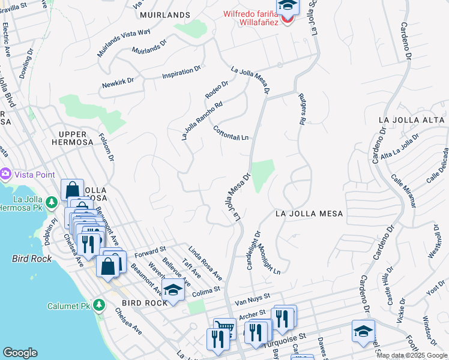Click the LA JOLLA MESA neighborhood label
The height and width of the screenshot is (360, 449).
click(309, 214)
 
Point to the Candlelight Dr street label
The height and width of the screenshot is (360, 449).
click(253, 250)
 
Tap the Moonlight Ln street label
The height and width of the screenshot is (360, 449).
click(270, 259)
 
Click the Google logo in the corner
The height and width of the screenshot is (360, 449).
click(20, 352)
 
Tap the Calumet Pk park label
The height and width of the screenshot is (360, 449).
click(68, 306)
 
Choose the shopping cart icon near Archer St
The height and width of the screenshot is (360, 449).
click(224, 328)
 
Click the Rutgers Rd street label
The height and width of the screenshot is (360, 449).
click(301, 109)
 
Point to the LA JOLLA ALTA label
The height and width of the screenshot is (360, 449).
click(412, 120)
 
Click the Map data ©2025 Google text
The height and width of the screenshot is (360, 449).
click(412, 355)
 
